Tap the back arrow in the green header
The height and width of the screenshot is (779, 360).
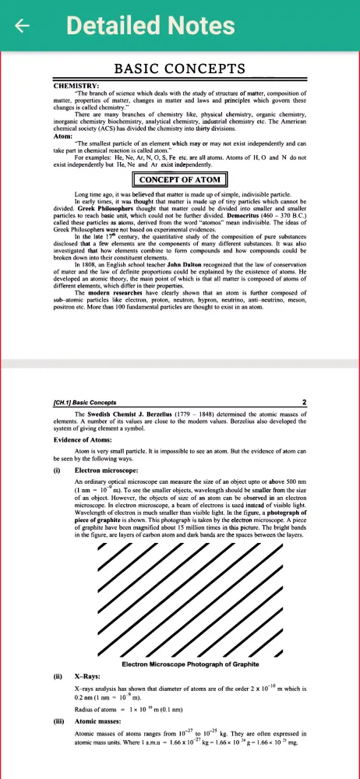click(x=23, y=26)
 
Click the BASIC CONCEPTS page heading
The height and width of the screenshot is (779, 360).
click(x=180, y=69)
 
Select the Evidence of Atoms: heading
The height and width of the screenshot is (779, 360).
click(x=86, y=440)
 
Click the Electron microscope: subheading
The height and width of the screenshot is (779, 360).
click(x=106, y=471)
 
